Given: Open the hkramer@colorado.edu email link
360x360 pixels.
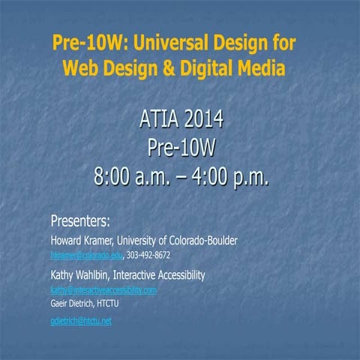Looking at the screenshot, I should pos(85,256).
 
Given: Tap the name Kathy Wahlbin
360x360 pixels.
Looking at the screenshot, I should pos(81,275).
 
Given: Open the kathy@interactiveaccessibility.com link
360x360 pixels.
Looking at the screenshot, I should pos(103,289).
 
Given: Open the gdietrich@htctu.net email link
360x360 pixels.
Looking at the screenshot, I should pos(80,321).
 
